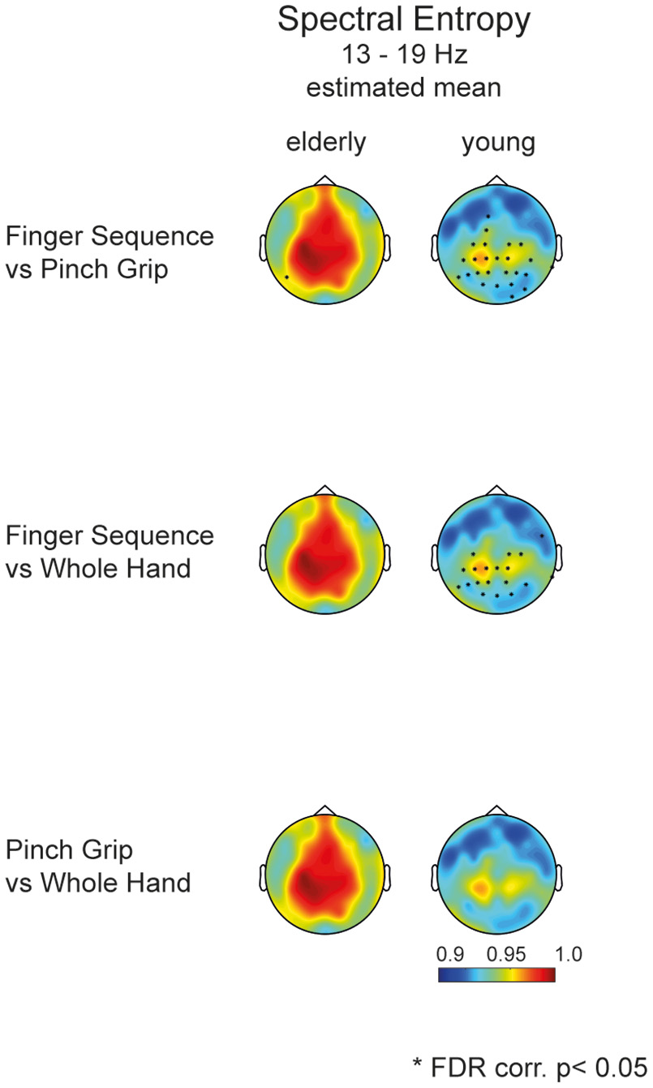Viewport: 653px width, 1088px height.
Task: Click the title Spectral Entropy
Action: (x=403, y=20)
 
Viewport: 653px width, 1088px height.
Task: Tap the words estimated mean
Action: (x=403, y=87)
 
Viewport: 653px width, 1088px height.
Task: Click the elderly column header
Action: (x=325, y=144)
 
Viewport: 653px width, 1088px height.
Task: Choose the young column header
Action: (x=498, y=144)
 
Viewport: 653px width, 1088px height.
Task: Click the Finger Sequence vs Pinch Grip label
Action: (x=110, y=252)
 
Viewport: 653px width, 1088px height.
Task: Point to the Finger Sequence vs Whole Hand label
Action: (x=110, y=552)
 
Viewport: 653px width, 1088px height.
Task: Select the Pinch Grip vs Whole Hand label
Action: (x=98, y=867)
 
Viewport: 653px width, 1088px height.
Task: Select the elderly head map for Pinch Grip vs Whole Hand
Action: (x=324, y=870)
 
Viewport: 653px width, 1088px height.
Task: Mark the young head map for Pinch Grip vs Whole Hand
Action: (x=496, y=870)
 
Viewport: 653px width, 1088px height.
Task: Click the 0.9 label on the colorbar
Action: (x=449, y=953)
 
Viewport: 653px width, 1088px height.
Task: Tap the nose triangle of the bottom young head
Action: (x=496, y=811)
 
